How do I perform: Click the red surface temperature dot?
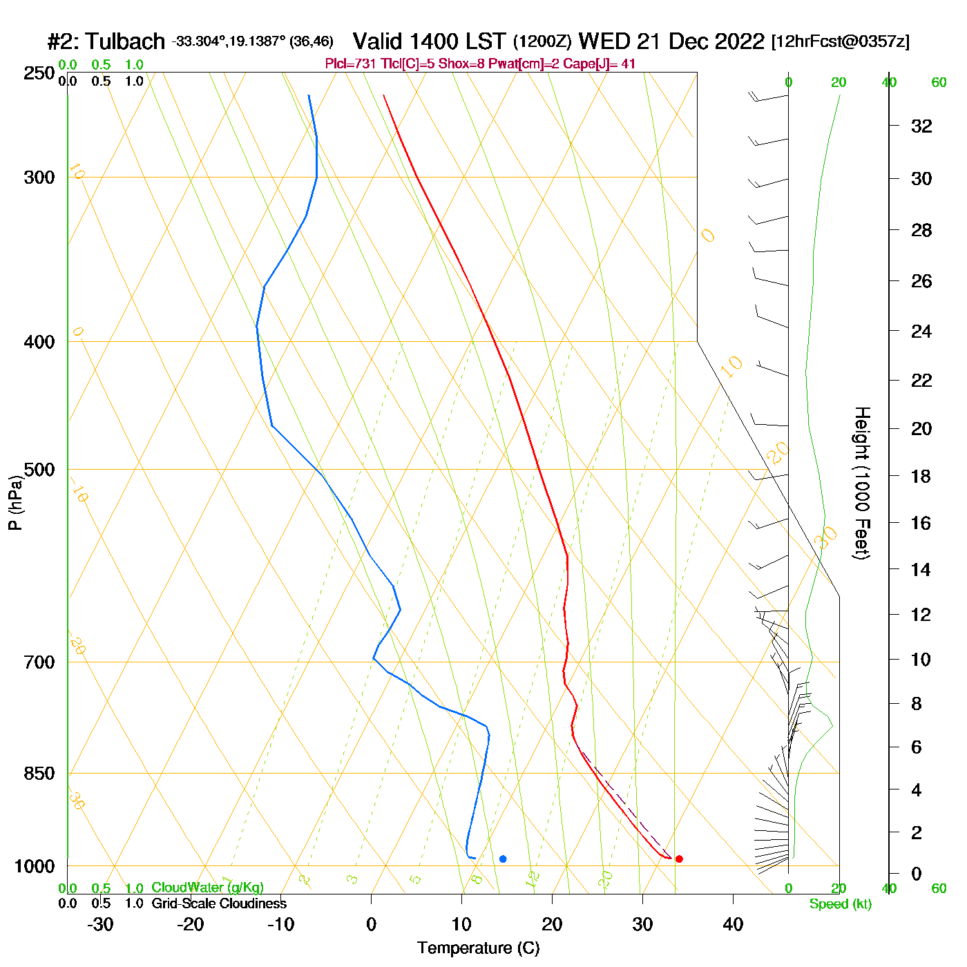pos(679,859)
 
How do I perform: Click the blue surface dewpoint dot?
pos(503,859)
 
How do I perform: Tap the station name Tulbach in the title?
pos(126,42)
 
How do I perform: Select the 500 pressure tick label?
pos(39,470)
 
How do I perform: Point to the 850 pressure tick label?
pos(39,774)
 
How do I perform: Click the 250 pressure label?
pos(39,73)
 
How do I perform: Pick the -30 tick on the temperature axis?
pos(100,924)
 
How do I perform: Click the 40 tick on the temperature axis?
pos(733,924)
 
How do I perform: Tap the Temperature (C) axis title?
pos(478,948)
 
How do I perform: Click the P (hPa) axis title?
pos(15,503)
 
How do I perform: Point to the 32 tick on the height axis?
pos(921,126)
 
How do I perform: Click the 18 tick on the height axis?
pos(921,476)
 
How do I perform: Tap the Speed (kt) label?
pos(840,904)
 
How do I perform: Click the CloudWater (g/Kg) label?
pos(207,888)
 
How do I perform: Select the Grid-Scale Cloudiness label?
pos(219,903)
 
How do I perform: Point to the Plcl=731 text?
pos(351,64)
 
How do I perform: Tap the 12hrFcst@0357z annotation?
pos(840,41)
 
